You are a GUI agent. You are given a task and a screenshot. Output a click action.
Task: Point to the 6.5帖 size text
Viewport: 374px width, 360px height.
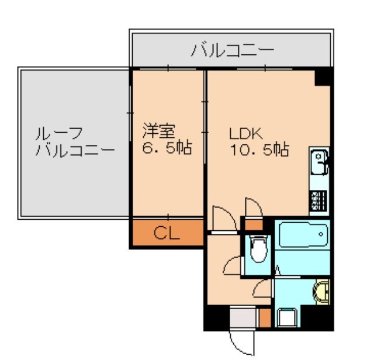[x=168, y=148]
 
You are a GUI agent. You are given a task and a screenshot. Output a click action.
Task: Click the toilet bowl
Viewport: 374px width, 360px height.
[x=257, y=250]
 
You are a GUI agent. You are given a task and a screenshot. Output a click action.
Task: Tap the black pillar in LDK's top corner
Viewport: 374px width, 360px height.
[x=323, y=75]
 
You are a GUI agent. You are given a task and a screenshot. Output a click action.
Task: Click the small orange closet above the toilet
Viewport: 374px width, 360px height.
[x=254, y=224]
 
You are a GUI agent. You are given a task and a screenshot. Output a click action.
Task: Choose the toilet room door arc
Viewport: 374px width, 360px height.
[x=233, y=266]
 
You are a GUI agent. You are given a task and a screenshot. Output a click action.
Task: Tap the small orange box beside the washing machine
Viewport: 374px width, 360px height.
[x=265, y=318]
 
